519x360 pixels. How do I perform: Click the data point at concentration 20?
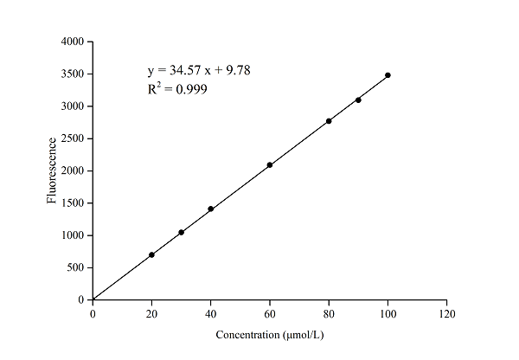(151, 254)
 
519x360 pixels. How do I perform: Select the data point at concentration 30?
(181, 232)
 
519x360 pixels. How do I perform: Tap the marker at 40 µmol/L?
(210, 209)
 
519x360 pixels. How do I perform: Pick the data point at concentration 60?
(270, 164)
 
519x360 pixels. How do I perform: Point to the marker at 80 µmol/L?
(329, 121)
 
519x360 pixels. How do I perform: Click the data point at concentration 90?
(358, 100)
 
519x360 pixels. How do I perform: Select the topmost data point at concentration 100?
(388, 75)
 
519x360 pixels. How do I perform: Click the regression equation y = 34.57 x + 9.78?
(200, 69)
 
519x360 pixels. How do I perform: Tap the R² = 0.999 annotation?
(177, 88)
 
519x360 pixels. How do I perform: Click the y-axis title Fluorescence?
(52, 170)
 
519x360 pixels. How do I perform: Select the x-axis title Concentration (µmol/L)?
(269, 334)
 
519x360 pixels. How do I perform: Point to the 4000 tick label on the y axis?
(72, 42)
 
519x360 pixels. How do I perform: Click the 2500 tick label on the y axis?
(72, 138)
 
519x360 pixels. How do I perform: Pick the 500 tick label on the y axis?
(75, 267)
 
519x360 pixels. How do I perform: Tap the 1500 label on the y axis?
(72, 203)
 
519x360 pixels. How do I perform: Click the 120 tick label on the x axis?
(446, 313)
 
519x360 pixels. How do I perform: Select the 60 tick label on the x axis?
(270, 313)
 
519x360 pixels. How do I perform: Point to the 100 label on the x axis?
(388, 313)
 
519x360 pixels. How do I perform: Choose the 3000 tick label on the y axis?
(72, 106)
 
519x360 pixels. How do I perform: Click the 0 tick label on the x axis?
(93, 313)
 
